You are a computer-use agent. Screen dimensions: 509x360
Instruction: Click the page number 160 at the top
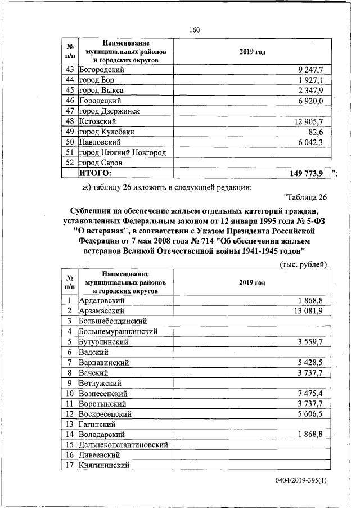[195, 29]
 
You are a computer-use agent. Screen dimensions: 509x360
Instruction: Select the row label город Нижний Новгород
[126, 152]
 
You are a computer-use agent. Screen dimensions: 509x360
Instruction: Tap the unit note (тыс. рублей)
[304, 264]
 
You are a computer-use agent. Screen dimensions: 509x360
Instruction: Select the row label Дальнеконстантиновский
[124, 445]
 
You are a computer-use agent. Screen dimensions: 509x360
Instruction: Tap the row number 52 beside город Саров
[70, 163]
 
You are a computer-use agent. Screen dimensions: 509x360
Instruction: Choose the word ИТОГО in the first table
[96, 173]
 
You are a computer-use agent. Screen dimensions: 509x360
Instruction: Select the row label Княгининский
[105, 465]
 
